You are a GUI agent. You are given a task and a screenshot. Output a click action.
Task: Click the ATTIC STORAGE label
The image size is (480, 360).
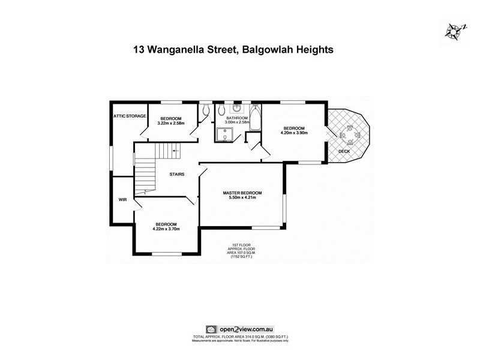tap(130, 116)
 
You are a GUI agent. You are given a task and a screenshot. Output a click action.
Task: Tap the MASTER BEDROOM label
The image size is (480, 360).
tap(242, 193)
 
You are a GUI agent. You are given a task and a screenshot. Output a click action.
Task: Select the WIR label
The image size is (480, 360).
tap(122, 199)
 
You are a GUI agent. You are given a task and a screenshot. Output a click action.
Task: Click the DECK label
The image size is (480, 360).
tap(344, 151)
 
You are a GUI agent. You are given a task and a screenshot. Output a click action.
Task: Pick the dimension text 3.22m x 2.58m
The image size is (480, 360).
tap(171, 124)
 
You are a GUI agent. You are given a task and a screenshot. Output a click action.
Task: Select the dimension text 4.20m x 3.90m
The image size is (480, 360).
tap(294, 133)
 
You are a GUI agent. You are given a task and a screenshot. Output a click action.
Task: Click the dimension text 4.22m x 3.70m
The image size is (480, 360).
tap(167, 229)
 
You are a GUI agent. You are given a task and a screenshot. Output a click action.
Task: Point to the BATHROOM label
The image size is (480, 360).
tap(236, 118)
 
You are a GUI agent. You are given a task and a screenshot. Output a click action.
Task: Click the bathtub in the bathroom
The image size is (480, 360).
tap(254, 119)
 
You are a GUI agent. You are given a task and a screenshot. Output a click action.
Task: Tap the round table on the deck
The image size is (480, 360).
tap(349, 133)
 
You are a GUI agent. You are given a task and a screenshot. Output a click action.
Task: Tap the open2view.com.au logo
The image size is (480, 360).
tap(239, 329)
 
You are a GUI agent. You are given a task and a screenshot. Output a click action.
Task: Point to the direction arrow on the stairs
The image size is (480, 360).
tap(174, 151)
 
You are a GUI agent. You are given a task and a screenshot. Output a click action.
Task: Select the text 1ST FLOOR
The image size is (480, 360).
tap(240, 245)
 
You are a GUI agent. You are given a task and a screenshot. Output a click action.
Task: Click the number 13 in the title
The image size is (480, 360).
tap(139, 50)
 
